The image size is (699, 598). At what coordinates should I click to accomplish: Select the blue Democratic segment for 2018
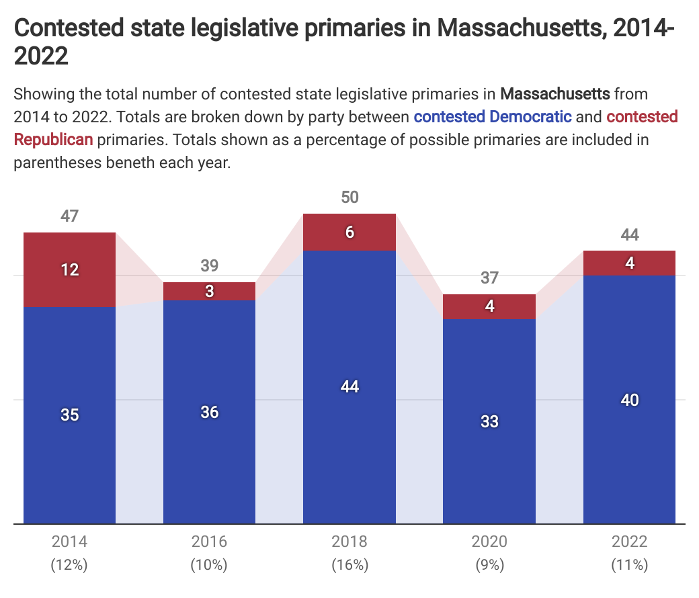click(x=349, y=386)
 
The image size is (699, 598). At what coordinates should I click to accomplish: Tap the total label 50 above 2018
click(x=349, y=198)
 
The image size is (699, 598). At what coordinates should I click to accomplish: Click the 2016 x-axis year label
click(x=209, y=542)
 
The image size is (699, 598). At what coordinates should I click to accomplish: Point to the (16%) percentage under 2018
click(x=349, y=565)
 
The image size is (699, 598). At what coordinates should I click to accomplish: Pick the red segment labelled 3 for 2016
click(x=209, y=292)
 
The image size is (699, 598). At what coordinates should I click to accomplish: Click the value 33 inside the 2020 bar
click(x=489, y=421)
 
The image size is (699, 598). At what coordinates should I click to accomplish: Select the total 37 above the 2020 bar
click(x=489, y=278)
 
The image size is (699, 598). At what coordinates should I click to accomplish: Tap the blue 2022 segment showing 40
click(x=629, y=400)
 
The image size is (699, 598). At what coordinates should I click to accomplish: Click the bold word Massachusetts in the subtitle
click(x=555, y=93)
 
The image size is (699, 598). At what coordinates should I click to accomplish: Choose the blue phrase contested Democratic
click(x=493, y=117)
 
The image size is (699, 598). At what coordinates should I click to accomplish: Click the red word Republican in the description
click(x=53, y=140)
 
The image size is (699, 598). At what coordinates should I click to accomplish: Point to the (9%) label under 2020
click(x=489, y=565)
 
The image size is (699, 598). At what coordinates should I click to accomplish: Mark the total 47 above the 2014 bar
click(x=69, y=216)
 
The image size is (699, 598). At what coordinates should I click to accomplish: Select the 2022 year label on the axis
click(x=629, y=542)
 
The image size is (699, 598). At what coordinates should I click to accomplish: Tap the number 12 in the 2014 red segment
click(x=70, y=269)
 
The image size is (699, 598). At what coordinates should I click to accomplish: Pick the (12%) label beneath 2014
click(x=69, y=565)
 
